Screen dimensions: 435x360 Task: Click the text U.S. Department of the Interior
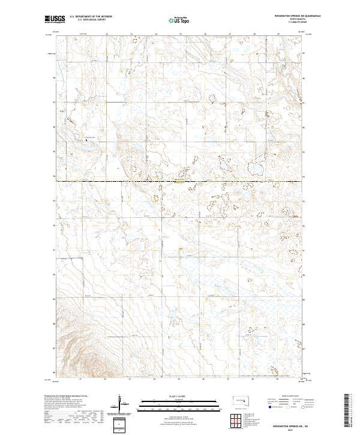click(91, 17)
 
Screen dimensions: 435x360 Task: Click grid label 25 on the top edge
click(180, 34)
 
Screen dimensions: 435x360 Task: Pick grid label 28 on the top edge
click(254, 34)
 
